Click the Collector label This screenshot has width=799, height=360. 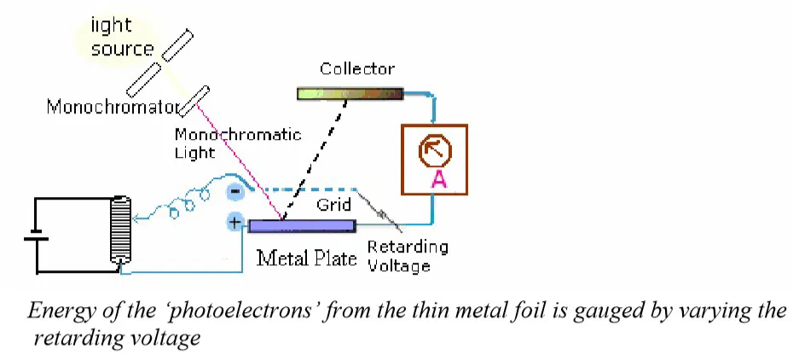(357, 69)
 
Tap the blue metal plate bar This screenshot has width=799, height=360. (301, 225)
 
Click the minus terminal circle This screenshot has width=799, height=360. (234, 193)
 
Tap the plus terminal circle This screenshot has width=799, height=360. (234, 224)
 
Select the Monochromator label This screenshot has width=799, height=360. (111, 107)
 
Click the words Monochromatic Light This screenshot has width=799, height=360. (238, 142)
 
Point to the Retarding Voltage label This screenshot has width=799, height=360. (407, 256)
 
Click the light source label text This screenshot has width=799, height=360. (122, 39)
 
